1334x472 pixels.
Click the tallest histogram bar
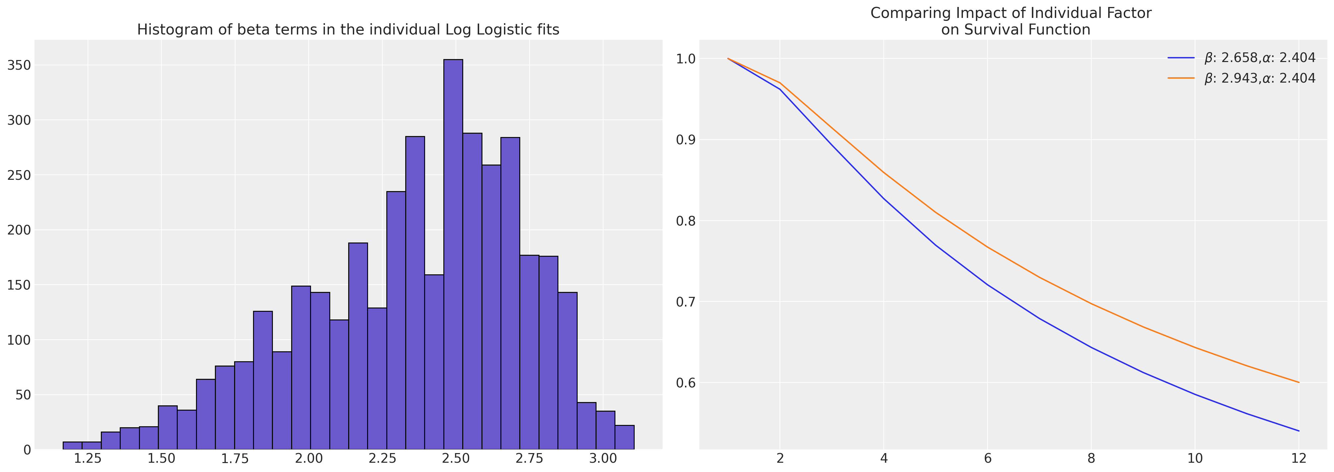(x=453, y=254)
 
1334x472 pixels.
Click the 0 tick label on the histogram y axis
(x=26, y=450)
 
